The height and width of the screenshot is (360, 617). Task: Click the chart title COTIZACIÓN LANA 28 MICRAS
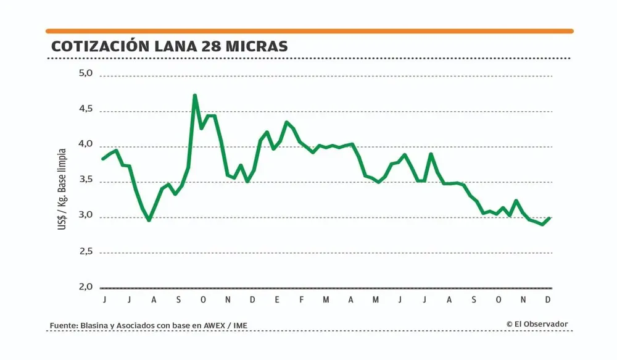169,46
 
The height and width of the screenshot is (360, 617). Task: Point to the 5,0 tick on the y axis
85,73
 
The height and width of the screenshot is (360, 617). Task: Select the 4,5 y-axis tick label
85,109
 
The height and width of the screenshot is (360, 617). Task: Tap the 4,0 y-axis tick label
85,144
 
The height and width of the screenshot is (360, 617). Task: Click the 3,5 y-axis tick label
85,180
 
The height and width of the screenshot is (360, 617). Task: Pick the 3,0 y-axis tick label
85,216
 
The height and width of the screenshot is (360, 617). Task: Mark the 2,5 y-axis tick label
85,252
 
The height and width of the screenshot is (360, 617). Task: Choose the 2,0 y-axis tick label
85,287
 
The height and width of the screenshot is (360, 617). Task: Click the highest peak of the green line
195,96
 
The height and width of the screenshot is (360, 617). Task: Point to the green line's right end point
549,218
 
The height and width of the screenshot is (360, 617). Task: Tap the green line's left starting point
103,159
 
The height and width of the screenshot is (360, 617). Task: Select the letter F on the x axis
302,300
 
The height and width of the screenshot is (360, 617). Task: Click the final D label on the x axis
549,300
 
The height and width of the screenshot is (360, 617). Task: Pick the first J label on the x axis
105,300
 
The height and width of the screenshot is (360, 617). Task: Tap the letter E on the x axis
277,300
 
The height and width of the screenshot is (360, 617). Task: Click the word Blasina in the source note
94,325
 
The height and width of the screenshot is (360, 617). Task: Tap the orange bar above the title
309,31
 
